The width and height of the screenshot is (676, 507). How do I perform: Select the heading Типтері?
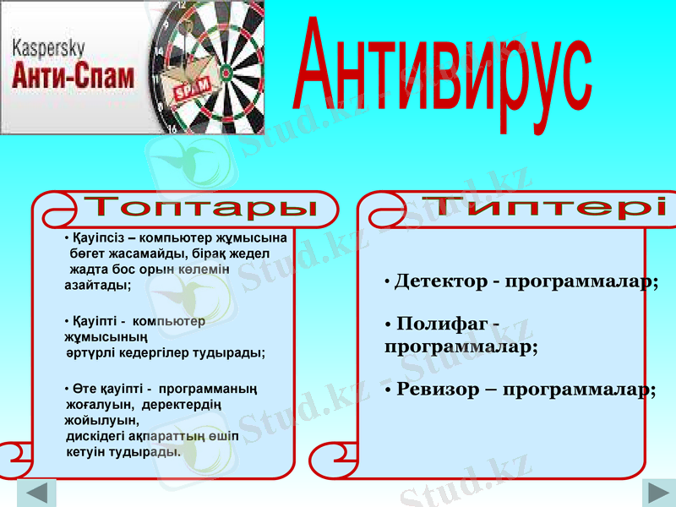click(x=544, y=206)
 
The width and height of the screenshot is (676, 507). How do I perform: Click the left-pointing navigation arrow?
click(x=36, y=493)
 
